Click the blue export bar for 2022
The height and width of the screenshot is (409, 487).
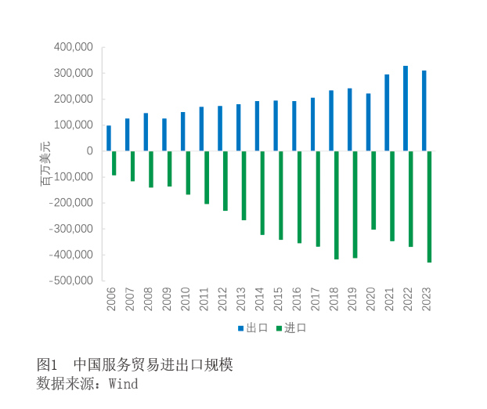pyautogui.click(x=406, y=108)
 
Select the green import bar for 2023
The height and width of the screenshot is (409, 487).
pyautogui.click(x=430, y=206)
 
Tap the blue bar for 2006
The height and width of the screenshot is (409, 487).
pyautogui.click(x=109, y=138)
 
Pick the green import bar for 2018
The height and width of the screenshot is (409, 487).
pyautogui.click(x=337, y=204)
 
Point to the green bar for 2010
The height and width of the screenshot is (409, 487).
pyautogui.click(x=188, y=172)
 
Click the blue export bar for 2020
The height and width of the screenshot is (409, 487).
pyautogui.click(x=368, y=122)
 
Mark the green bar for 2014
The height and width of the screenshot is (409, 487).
pyautogui.click(x=262, y=193)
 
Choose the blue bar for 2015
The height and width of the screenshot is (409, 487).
pyautogui.click(x=276, y=125)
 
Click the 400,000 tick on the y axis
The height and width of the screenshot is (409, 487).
pyautogui.click(x=74, y=47)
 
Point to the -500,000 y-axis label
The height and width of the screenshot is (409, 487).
pyautogui.click(x=71, y=281)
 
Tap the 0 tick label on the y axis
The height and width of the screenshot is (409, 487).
pyautogui.click(x=89, y=150)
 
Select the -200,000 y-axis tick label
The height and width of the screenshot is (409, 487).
pyautogui.click(x=71, y=202)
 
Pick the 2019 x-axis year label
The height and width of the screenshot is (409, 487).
pyautogui.click(x=352, y=299)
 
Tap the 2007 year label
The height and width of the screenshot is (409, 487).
pyautogui.click(x=129, y=299)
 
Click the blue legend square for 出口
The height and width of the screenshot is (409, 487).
pyautogui.click(x=241, y=328)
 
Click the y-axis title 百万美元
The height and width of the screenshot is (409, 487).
pyautogui.click(x=45, y=164)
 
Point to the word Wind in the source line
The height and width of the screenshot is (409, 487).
pyautogui.click(x=123, y=384)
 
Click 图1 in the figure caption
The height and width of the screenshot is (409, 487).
pyautogui.click(x=48, y=365)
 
